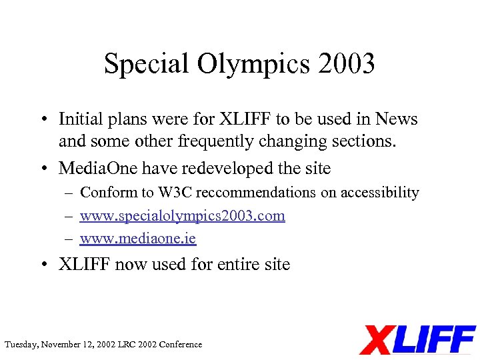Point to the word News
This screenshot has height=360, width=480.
(395, 119)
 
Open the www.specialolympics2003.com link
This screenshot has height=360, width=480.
(183, 216)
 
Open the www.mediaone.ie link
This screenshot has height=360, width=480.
(138, 238)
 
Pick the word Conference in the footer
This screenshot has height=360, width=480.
(181, 345)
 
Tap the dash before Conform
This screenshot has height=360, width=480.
(69, 193)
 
